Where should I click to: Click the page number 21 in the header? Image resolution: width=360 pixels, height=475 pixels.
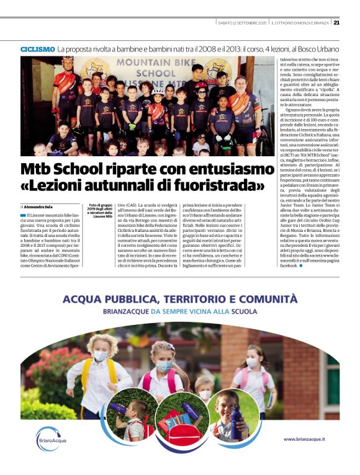pos(336,22)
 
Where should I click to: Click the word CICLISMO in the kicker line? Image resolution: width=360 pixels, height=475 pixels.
pos(37,48)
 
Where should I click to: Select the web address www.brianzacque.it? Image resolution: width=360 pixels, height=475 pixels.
pos(304,439)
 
